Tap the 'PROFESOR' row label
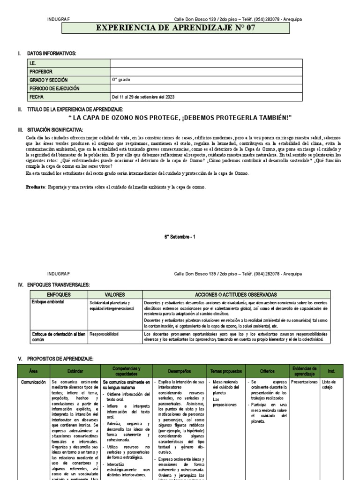[x=41, y=72]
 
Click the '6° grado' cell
[x=121, y=80]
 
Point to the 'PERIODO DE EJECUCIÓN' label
[x=54, y=88]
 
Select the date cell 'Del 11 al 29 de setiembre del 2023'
[x=142, y=97]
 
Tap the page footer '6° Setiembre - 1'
[x=180, y=237]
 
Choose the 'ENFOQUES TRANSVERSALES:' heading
[x=58, y=285]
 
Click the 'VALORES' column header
[x=115, y=294]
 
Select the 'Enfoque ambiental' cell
[x=47, y=302]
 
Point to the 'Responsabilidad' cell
[x=104, y=334]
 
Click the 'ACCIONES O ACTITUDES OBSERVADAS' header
[x=236, y=294]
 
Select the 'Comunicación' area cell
[x=33, y=382]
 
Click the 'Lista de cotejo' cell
[x=329, y=384]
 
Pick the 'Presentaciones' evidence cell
[x=304, y=382]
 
